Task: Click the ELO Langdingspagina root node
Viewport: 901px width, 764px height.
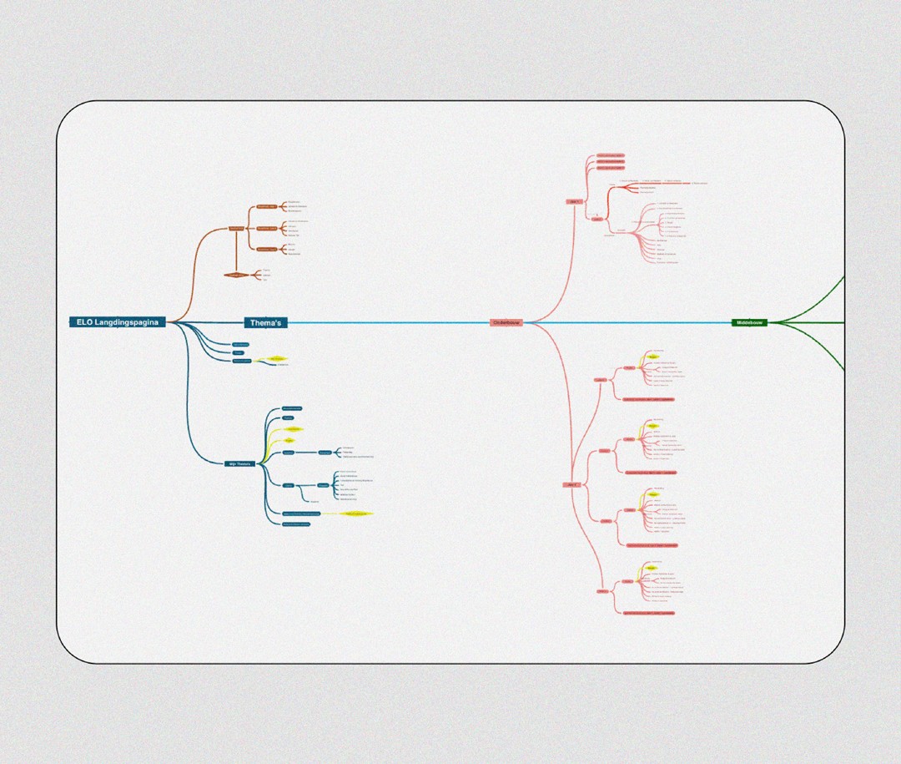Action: tap(118, 322)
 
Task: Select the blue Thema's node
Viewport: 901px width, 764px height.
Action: tap(267, 322)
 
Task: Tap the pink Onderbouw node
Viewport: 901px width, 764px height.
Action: tap(506, 322)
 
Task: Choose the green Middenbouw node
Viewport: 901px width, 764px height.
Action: tap(749, 322)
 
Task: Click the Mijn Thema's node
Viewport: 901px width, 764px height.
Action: tap(239, 463)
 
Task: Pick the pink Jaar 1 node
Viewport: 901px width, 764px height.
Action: tap(574, 201)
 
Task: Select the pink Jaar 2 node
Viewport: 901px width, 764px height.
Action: tap(571, 484)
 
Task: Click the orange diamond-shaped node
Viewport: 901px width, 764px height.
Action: tap(237, 275)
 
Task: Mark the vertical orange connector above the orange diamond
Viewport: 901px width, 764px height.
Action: tap(237, 251)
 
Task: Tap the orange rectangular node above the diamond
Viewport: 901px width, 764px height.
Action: tap(237, 228)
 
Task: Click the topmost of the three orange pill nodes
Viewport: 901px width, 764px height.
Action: tap(266, 206)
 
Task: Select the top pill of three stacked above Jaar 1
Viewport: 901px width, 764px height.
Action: tap(610, 155)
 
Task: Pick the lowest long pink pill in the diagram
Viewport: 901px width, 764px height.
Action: tap(649, 613)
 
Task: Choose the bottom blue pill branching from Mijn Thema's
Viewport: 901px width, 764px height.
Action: tap(295, 524)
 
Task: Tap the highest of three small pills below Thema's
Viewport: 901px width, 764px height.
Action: tap(240, 344)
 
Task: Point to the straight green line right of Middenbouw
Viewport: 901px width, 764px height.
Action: tap(805, 322)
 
